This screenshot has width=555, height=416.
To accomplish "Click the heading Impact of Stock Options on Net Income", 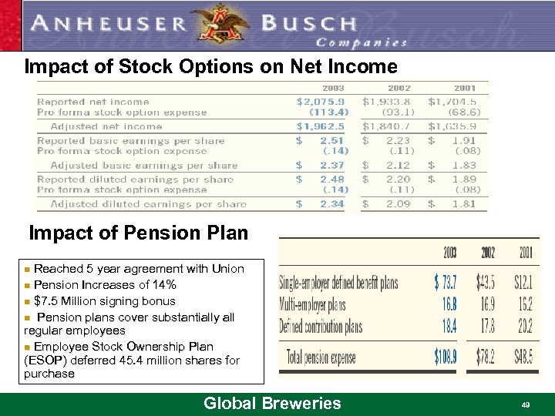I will pos(210,67).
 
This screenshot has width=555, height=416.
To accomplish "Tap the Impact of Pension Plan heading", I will pos(138,232).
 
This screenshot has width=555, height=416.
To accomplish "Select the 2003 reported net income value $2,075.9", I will pos(321,101).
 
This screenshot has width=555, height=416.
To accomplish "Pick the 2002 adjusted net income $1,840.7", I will pos(387,126).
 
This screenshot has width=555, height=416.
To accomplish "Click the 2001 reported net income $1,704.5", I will pos(452,101).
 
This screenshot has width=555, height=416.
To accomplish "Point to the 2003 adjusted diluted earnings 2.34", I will pos(332,204).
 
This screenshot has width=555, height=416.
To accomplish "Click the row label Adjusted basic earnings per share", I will pos(144,165).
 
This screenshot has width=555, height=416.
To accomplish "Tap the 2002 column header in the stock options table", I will pos(399,89).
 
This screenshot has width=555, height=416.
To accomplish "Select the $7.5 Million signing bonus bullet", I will pos(104,300).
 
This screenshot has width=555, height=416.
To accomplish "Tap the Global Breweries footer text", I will pos(271,403).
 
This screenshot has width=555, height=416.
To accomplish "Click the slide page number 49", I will pos(525,404).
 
